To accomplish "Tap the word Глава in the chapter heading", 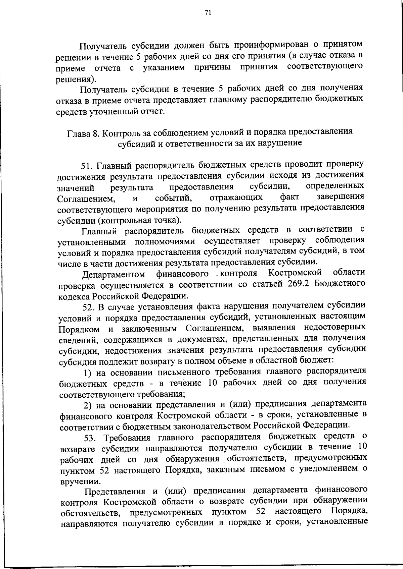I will pos(79,133).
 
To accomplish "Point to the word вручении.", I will pos(79,481).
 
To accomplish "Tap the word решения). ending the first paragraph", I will pos(75,79).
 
